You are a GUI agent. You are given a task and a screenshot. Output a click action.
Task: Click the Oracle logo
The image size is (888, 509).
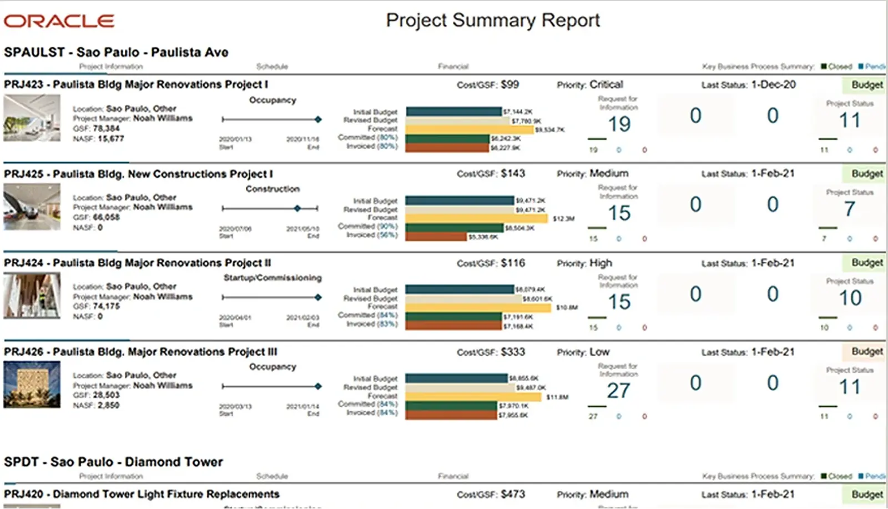pos(59,21)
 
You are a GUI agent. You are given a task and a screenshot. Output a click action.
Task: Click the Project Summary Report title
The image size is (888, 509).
pos(493,21)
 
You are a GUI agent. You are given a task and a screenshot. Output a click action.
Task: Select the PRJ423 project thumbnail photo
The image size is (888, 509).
pos(32,118)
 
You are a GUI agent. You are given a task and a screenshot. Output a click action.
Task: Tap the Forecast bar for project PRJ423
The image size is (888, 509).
pos(470,129)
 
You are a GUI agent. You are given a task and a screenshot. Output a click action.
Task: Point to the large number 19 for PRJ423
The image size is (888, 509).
pos(619,124)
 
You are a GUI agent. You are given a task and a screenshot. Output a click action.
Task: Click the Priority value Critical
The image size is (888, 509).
pos(606,84)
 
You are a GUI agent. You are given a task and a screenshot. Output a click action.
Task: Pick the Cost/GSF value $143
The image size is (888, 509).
pos(513,173)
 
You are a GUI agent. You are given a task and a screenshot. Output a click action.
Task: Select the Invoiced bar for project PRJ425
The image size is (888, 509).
pos(436,237)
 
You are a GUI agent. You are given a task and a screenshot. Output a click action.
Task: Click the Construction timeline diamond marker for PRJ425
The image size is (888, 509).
pos(297,208)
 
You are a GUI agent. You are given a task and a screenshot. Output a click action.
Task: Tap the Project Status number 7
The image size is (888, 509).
pos(849,209)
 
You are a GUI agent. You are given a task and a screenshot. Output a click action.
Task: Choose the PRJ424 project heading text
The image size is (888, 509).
pos(138,263)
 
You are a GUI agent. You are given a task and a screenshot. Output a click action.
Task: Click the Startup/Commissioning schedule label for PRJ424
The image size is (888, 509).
pos(273,278)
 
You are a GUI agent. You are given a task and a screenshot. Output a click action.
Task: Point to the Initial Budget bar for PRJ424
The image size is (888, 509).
pos(460,289)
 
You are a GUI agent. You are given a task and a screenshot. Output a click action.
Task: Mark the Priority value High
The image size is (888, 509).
pos(601,263)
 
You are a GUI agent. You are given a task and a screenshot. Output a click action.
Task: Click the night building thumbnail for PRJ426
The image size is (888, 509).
pos(32,385)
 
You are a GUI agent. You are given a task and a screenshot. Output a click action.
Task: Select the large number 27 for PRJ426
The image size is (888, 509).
pos(618,391)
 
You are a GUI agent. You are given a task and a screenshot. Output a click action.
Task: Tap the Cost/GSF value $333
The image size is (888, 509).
pos(513,352)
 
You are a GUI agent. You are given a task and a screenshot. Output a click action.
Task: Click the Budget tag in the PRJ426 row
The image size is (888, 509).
pos(867,352)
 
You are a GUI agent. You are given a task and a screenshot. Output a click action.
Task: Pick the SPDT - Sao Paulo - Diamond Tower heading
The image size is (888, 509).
pos(113,462)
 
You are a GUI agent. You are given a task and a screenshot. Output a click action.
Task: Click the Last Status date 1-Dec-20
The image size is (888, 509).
pos(773,84)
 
